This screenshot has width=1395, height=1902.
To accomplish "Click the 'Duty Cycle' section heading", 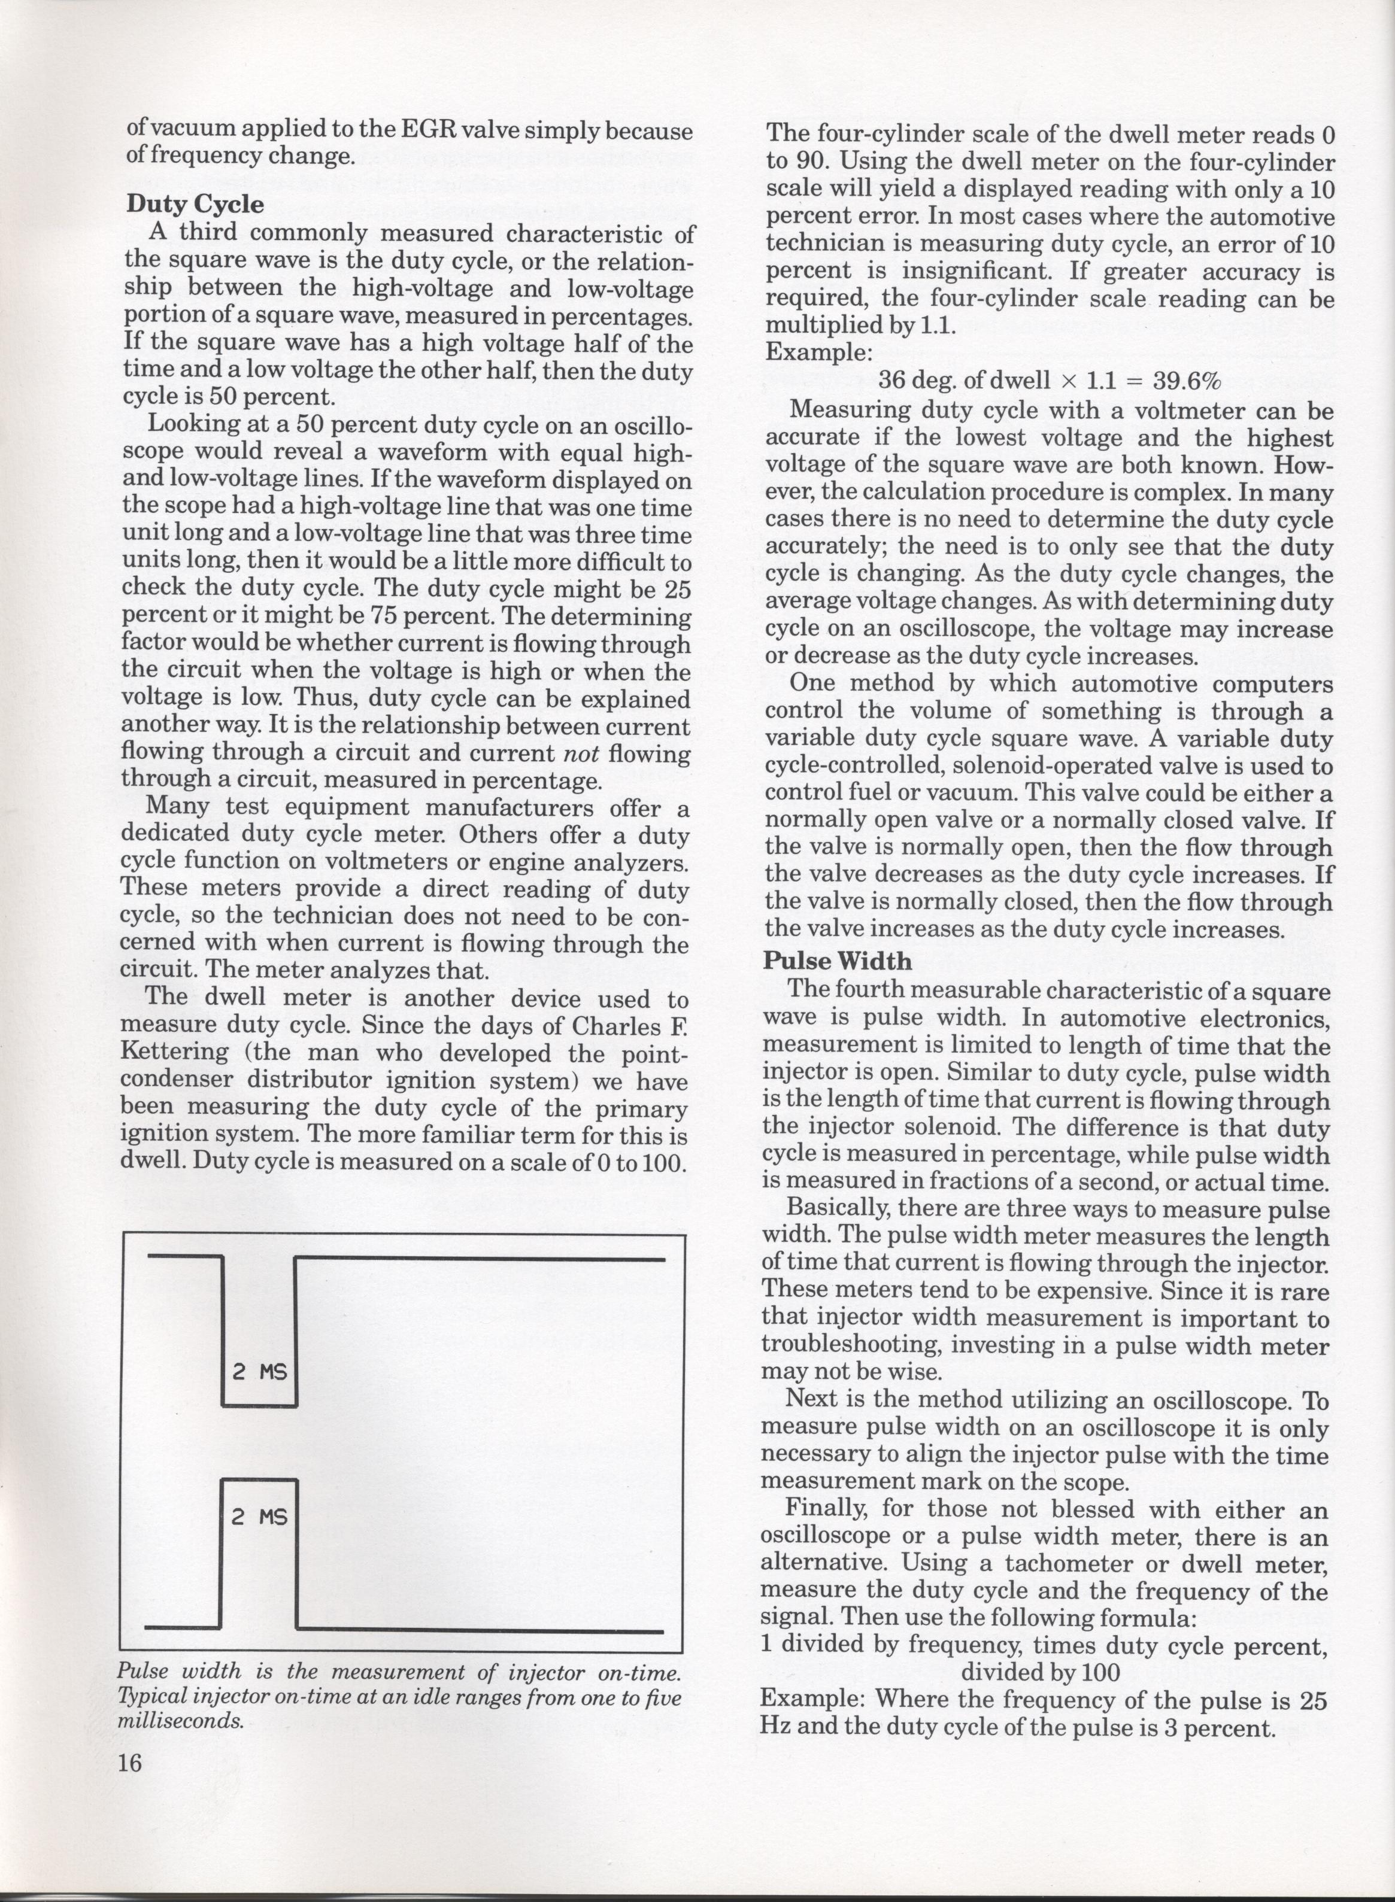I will tap(195, 204).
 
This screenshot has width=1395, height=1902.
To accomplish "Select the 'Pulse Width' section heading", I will tap(838, 961).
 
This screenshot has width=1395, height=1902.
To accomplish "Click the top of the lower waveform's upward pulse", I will tap(260, 1480).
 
